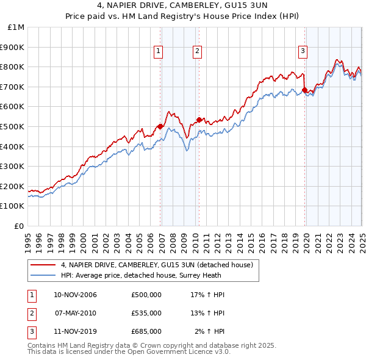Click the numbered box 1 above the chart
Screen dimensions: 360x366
158,52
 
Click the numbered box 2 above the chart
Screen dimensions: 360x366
198,52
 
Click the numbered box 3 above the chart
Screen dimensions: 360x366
303,52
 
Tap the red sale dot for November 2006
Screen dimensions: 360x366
160,126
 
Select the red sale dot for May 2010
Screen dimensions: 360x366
199,120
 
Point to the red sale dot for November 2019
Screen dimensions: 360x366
305,90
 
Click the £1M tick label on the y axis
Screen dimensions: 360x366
16,27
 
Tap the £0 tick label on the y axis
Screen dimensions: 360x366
20,226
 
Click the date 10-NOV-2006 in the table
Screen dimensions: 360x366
75,295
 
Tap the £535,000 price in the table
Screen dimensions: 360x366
146,313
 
